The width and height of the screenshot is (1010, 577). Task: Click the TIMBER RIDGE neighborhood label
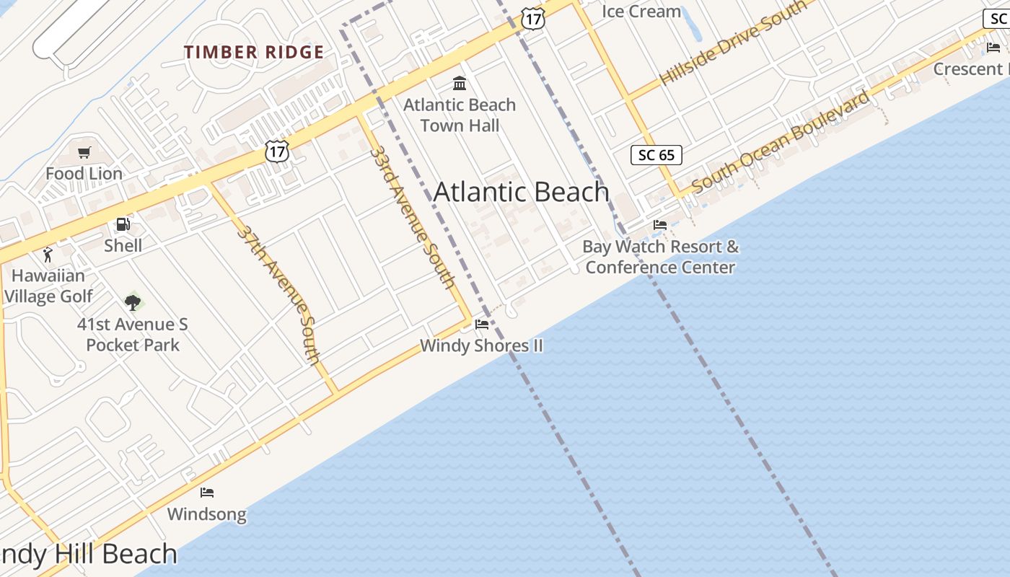click(x=253, y=52)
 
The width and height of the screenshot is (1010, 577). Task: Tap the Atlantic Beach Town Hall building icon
click(x=460, y=83)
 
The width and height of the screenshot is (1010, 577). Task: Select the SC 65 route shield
click(x=656, y=155)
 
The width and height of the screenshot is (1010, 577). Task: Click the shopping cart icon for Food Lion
click(x=84, y=152)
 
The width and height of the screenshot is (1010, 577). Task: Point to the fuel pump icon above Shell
click(x=123, y=224)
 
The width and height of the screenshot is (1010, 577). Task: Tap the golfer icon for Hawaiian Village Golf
click(x=48, y=255)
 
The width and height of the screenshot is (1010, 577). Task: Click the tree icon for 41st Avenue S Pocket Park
click(x=132, y=302)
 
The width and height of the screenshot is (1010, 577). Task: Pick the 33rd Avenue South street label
click(x=412, y=217)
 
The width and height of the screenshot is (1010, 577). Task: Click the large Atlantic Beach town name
click(x=521, y=192)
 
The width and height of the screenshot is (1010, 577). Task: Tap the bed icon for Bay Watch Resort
click(x=660, y=225)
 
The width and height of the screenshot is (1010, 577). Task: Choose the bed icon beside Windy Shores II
click(x=482, y=325)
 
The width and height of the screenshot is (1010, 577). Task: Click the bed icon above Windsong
click(x=207, y=493)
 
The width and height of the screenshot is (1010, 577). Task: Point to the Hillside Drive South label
click(x=733, y=43)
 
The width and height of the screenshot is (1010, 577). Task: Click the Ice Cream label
click(x=641, y=12)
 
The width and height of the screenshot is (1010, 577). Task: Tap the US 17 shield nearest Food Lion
click(x=277, y=151)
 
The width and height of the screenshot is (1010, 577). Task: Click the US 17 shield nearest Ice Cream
click(x=532, y=19)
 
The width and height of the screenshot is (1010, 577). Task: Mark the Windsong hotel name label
click(x=207, y=514)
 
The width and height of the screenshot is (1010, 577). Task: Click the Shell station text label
click(x=123, y=245)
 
